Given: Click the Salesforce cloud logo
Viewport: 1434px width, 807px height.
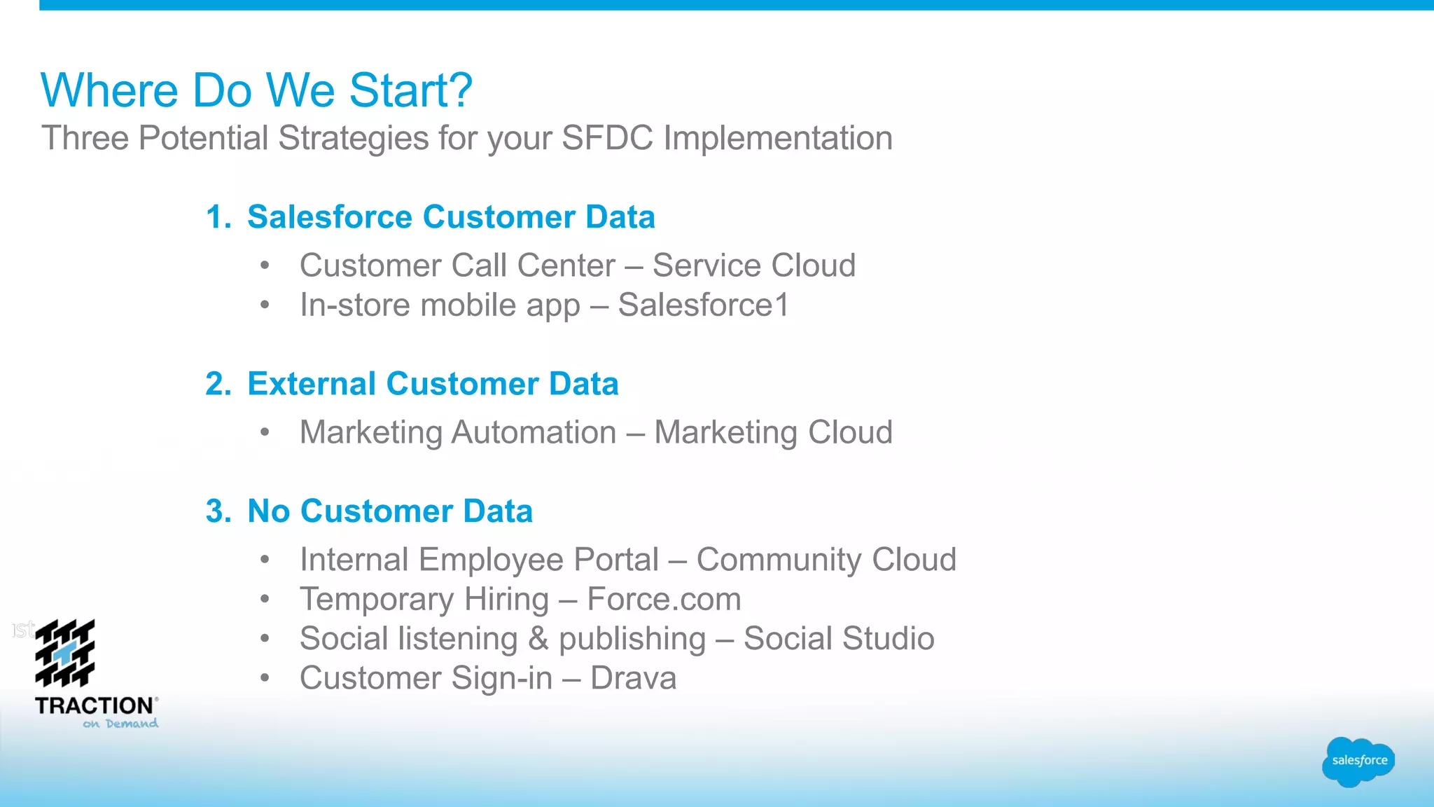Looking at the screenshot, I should [1358, 761].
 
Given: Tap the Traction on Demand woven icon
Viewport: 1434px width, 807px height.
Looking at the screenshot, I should [65, 653].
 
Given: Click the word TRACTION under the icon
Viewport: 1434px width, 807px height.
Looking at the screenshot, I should [94, 705].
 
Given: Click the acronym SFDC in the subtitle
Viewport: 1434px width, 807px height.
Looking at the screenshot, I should [607, 138].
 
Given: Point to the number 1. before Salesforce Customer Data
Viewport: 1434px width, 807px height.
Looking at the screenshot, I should [218, 217].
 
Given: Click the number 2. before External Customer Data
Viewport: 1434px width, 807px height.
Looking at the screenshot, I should [218, 384].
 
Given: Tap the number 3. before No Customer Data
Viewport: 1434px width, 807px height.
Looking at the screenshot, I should [218, 511].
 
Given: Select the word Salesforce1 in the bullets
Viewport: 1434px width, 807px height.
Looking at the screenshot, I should [703, 305].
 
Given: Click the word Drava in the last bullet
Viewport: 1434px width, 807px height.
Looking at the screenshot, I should [633, 678].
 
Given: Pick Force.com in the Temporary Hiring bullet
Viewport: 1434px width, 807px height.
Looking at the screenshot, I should [664, 600].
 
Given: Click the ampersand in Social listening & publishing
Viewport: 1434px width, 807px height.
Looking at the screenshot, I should [538, 639].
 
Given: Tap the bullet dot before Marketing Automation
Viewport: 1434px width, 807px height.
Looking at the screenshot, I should [265, 432].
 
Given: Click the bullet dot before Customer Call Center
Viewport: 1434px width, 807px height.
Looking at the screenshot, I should [265, 265].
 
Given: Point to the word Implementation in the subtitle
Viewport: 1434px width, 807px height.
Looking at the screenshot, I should [778, 138].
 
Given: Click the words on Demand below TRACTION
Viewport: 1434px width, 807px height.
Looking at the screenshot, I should [120, 724].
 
